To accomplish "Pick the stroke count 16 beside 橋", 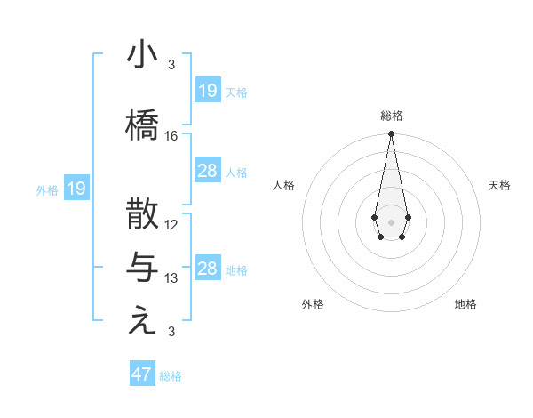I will tap(171, 136).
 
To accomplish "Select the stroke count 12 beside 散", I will tap(171, 225).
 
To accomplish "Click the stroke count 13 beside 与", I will tap(171, 278).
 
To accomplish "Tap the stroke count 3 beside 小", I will tap(171, 65).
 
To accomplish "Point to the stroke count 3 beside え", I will tap(171, 333).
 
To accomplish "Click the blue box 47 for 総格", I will tap(142, 374).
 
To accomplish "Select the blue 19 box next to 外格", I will tap(76, 188).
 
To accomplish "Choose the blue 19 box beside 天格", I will tap(208, 91).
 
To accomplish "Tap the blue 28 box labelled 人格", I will tap(208, 171).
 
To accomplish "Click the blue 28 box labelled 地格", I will tap(208, 269).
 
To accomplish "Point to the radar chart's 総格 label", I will tap(391, 116).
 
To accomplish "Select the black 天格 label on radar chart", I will tap(499, 185).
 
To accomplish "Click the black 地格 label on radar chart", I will tap(465, 304).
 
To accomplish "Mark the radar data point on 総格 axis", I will tap(391, 134).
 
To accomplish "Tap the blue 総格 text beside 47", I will tap(171, 376).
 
